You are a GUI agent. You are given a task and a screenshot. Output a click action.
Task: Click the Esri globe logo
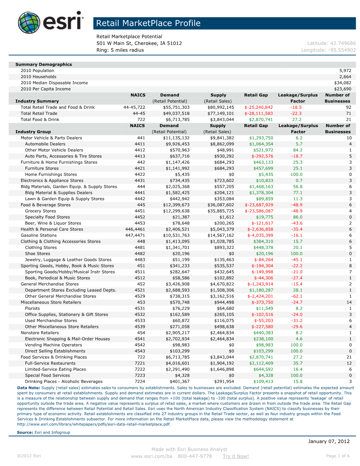point(29,23)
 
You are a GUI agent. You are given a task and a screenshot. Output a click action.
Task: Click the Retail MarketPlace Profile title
point(148,23)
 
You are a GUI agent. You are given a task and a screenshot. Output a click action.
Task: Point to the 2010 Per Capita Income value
point(342,89)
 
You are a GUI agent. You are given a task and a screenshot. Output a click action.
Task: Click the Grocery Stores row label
point(40,211)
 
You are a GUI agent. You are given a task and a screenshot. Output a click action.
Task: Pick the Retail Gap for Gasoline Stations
point(260,235)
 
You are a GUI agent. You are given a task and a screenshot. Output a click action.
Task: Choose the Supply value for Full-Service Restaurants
point(222,363)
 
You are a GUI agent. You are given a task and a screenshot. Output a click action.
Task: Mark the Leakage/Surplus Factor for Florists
point(299,309)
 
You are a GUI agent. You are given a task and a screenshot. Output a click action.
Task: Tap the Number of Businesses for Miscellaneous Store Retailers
point(349,303)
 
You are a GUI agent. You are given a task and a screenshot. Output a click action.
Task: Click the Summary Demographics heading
point(43,65)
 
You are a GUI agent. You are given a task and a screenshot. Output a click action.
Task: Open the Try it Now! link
point(235,456)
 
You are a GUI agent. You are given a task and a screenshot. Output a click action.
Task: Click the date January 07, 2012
point(329,441)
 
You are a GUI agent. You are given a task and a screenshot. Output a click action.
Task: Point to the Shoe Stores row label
point(37,254)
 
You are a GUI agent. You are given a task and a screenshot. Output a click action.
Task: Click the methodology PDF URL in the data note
point(94,424)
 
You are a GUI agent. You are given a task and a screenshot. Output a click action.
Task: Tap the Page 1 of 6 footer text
point(338,456)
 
